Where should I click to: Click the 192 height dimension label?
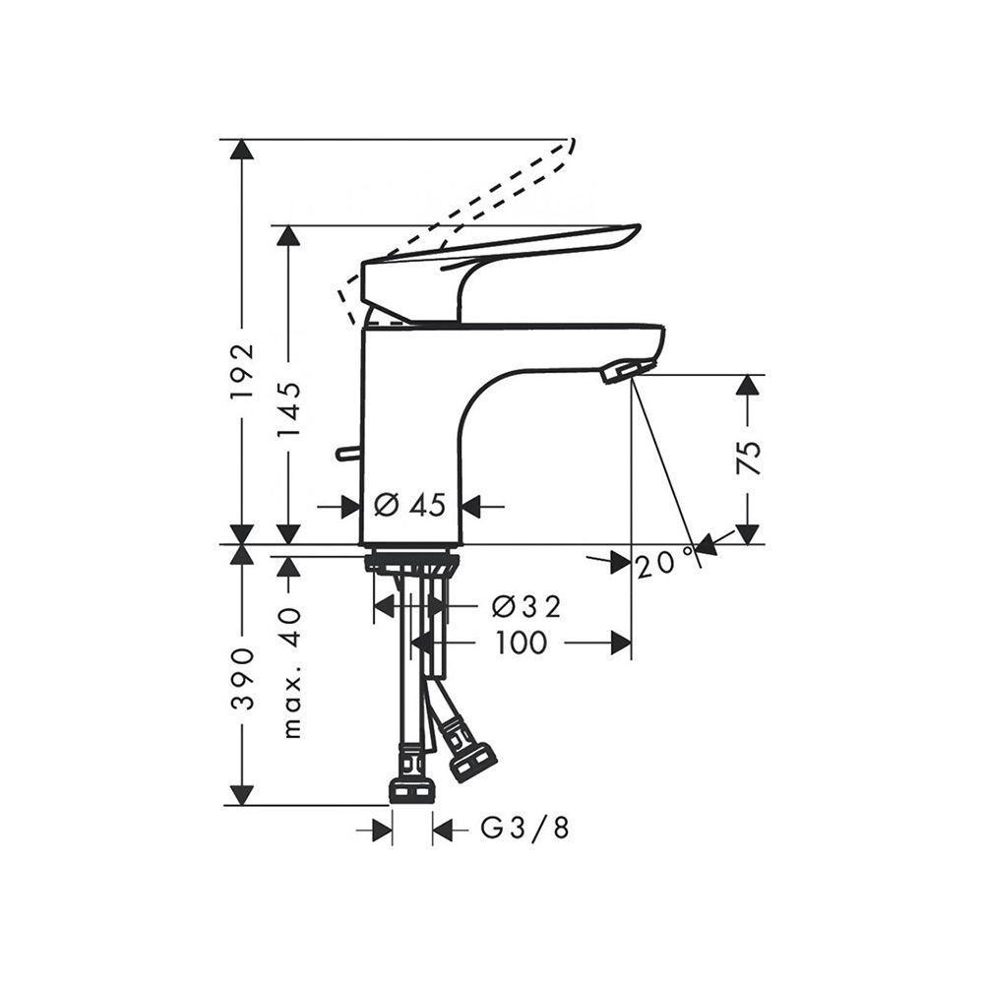coord(243,371)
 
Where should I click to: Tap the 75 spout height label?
coord(749,458)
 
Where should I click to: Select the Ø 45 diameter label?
coord(409,504)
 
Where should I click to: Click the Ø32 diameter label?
coord(526,606)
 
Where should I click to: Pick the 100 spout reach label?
coord(522,643)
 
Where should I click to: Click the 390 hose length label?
coord(243,678)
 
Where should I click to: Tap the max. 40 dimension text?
coord(293,672)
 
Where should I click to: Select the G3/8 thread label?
coord(525,829)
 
